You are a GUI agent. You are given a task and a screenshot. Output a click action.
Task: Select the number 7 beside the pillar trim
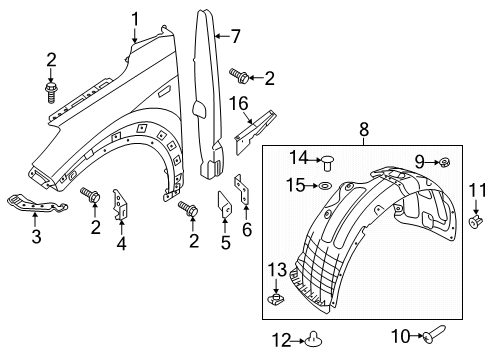click(235, 36)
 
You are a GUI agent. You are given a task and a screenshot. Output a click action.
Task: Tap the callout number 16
click(239, 103)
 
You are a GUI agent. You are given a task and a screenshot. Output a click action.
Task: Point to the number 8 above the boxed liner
click(364, 129)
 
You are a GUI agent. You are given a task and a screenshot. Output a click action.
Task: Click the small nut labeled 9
click(444, 163)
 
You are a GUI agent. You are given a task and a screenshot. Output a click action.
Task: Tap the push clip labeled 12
click(313, 339)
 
